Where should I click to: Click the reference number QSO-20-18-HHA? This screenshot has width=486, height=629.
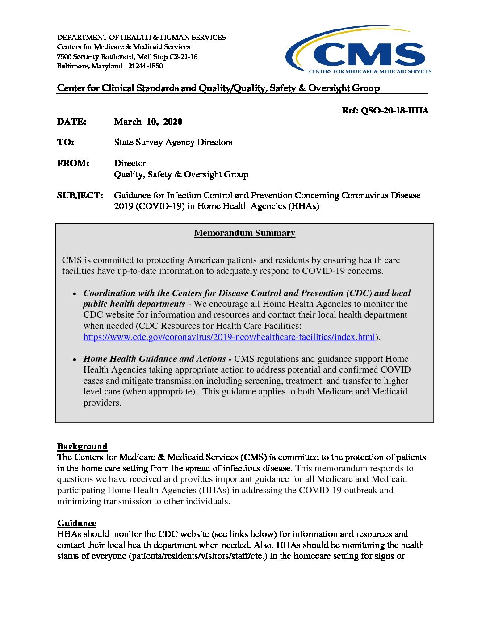(385, 111)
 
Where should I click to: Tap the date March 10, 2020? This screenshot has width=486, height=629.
(148, 122)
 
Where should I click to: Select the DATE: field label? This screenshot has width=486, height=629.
(71, 122)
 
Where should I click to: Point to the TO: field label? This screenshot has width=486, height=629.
(65, 143)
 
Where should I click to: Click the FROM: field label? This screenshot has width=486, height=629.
(73, 164)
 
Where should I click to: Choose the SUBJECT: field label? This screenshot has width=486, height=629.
(80, 196)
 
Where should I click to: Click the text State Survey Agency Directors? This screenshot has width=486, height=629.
(173, 143)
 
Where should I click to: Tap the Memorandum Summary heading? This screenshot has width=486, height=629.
(244, 233)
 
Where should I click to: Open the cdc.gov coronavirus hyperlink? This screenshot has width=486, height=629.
(229, 337)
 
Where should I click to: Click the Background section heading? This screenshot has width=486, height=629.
(82, 447)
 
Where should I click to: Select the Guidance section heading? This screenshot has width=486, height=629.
(76, 524)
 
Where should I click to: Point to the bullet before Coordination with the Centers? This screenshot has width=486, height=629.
(75, 294)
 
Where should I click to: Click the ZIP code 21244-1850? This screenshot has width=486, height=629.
(145, 66)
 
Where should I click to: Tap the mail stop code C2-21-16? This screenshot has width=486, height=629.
(183, 57)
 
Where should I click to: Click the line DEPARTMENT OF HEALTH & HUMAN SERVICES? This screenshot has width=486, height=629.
(141, 38)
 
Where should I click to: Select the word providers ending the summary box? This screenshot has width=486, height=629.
(102, 403)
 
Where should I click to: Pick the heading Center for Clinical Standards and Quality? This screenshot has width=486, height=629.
(218, 88)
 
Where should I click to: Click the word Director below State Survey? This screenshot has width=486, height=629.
(130, 164)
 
